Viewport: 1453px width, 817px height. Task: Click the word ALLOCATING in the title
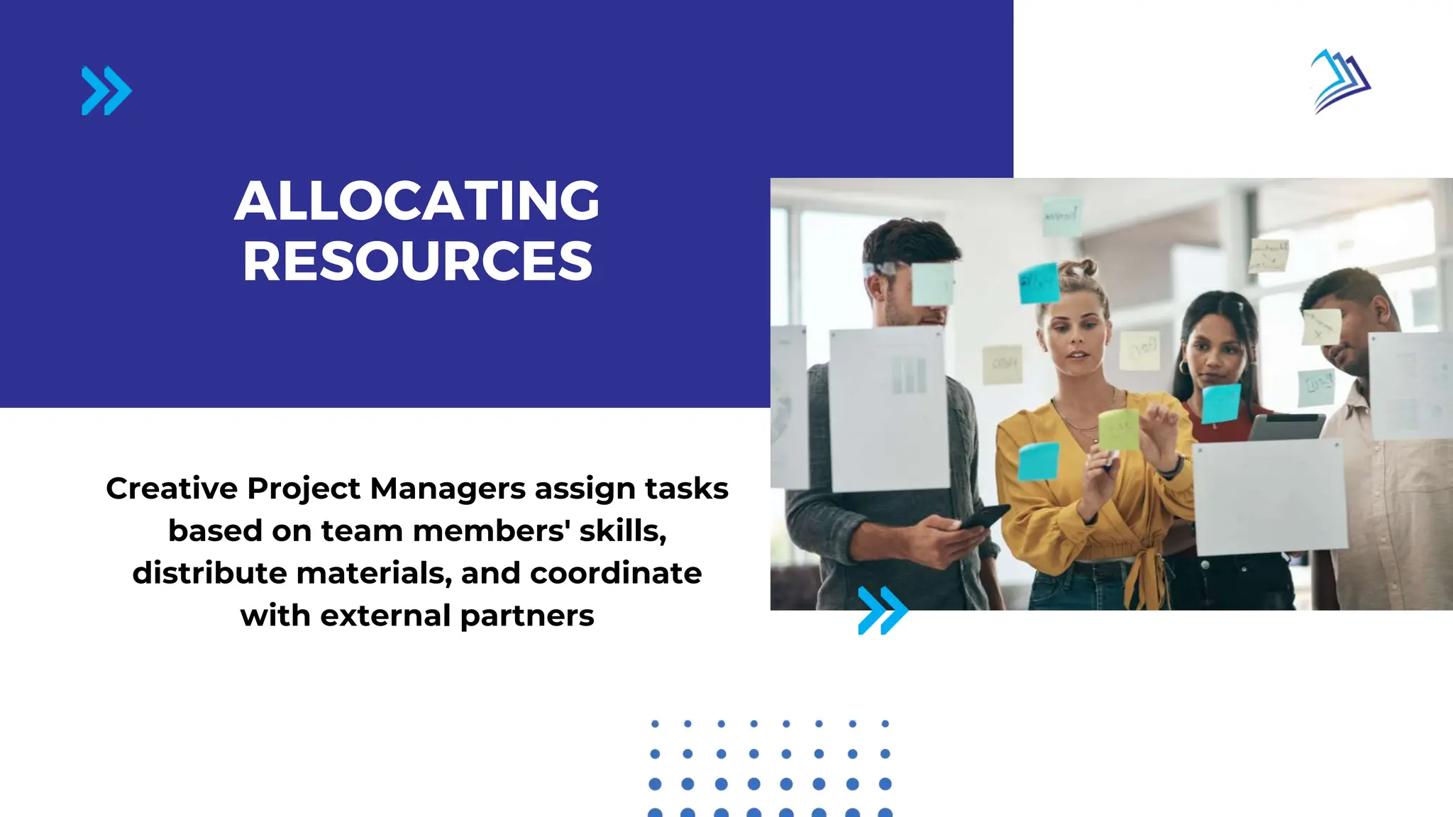point(417,201)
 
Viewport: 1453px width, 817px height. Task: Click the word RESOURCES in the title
point(417,262)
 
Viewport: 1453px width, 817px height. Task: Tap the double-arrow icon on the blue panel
point(106,91)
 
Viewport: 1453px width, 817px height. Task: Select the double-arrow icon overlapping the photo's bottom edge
point(883,610)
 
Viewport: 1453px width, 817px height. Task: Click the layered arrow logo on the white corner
point(1340,81)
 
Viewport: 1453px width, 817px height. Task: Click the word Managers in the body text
point(448,489)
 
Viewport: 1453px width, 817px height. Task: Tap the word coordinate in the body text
point(616,573)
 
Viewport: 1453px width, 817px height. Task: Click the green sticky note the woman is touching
point(1119,429)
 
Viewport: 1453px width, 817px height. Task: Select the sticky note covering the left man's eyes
point(932,284)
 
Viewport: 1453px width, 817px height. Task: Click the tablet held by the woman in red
point(1285,427)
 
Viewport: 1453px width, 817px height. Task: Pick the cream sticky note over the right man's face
point(1321,327)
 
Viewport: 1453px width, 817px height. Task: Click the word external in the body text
point(385,616)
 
